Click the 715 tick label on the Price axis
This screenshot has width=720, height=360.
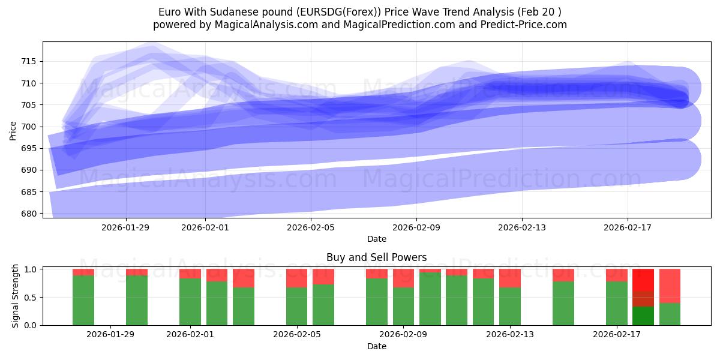[x=29, y=61]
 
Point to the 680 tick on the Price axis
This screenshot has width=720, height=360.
[x=29, y=214]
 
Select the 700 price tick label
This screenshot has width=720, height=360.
[x=29, y=127]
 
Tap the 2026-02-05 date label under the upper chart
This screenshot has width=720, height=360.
[x=311, y=227]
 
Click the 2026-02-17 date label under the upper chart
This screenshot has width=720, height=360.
[x=628, y=227]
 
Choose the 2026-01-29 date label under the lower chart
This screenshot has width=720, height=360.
[x=110, y=334]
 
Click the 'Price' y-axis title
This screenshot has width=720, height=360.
[x=13, y=130]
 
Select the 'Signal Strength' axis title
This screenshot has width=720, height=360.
[x=16, y=296]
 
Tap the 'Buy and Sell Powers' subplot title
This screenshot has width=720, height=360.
[x=376, y=257]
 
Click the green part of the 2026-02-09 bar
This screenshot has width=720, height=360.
[x=403, y=307]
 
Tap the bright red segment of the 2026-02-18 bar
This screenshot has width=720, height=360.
[x=643, y=280]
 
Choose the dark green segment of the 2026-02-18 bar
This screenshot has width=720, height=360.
[x=643, y=316]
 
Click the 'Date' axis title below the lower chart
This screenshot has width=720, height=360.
[x=376, y=346]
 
